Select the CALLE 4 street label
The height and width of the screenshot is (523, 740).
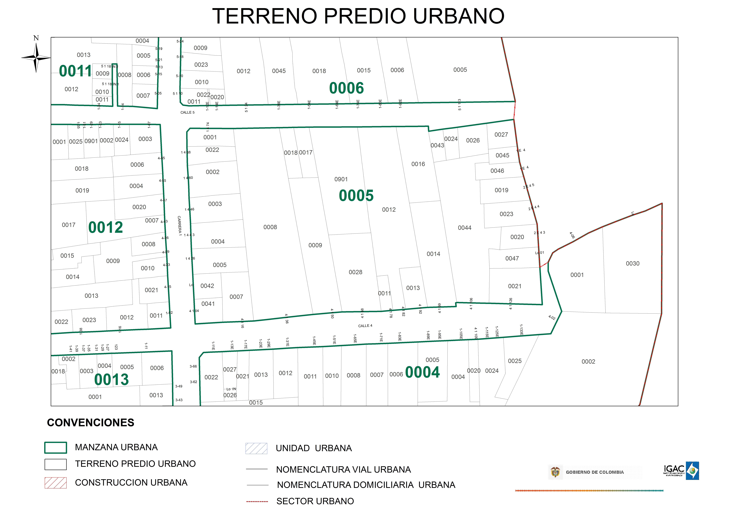coord(365,326)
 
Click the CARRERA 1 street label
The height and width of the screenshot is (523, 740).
coord(180,226)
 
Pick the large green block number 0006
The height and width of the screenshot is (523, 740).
coord(346,88)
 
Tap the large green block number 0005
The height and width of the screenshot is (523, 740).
coord(356,196)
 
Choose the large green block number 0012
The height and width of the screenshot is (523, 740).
coord(106,227)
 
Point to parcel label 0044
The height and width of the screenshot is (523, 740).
coord(464,228)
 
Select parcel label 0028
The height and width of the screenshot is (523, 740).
coord(355,272)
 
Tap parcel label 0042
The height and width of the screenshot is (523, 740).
coord(207,286)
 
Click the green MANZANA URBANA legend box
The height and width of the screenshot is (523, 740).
coord(55,448)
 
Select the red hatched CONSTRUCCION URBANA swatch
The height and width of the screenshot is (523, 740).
coord(55,483)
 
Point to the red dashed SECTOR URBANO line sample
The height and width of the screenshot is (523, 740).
coord(257,501)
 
